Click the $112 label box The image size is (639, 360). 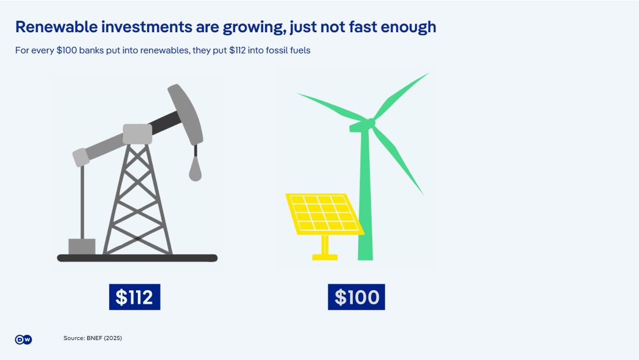pos(134,297)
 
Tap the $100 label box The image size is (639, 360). pos(356,297)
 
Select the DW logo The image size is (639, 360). pos(23,339)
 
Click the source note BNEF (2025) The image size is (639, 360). pos(93,338)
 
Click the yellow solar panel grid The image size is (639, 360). pos(324,214)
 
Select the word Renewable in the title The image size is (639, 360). pos(57,27)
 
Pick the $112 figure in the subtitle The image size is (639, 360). pos(237,50)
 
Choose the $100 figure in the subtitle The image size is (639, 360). pos(66,50)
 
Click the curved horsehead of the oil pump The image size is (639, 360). pos(186,114)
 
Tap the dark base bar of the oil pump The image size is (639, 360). pos(137,258)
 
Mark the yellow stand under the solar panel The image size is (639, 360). pos(325,248)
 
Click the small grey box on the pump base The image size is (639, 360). pos(82,247)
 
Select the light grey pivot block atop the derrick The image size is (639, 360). pos(137,134)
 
